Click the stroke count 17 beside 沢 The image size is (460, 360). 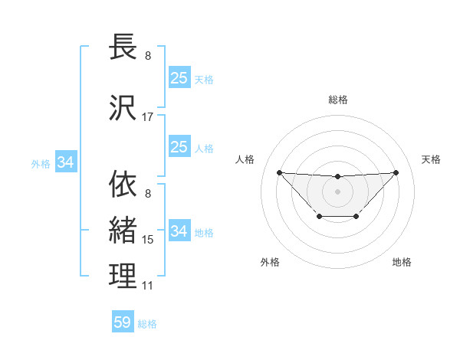tap(148, 117)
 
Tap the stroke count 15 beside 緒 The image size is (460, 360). tap(148, 240)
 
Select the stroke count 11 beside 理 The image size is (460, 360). tap(148, 286)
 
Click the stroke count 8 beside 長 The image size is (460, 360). tap(148, 56)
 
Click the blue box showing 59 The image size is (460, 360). tap(123, 322)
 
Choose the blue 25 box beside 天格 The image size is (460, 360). tap(179, 78)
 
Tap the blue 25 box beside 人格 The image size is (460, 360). tap(179, 147)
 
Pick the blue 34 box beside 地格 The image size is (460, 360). tap(179, 231)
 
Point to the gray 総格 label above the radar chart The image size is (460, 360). tap(338, 100)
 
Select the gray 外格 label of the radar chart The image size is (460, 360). tap(270, 262)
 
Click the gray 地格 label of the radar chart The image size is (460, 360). tap(402, 262)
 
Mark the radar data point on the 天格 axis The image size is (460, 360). tap(396, 172)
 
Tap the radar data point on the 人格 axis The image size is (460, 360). tap(279, 172)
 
